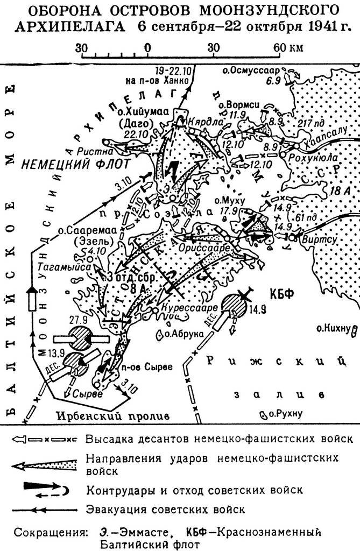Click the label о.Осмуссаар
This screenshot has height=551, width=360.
pyautogui.click(x=253, y=70)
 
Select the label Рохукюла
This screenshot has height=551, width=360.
pyautogui.click(x=310, y=159)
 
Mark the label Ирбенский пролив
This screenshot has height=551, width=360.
pyautogui.click(x=113, y=415)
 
